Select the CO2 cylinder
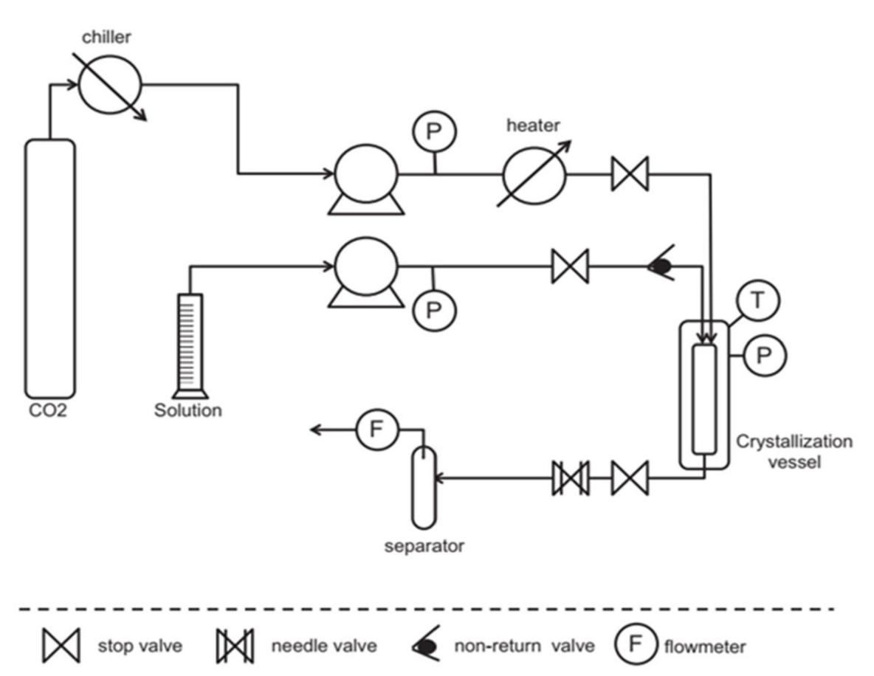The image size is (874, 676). tap(49, 269)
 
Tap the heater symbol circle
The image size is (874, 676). tap(534, 174)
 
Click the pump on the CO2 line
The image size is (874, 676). tap(365, 178)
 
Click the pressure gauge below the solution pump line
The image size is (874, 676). tap(433, 309)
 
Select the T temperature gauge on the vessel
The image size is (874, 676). tap(758, 303)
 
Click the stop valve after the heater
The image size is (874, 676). tap(630, 174)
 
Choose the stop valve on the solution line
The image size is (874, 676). tap(570, 266)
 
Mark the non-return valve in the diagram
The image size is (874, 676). tap(660, 266)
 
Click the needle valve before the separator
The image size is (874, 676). tap(570, 478)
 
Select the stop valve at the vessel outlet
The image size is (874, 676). tap(630, 478)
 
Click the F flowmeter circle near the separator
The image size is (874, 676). tap(377, 430)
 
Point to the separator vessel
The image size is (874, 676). tap(424, 487)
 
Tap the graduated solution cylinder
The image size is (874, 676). tap(189, 343)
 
